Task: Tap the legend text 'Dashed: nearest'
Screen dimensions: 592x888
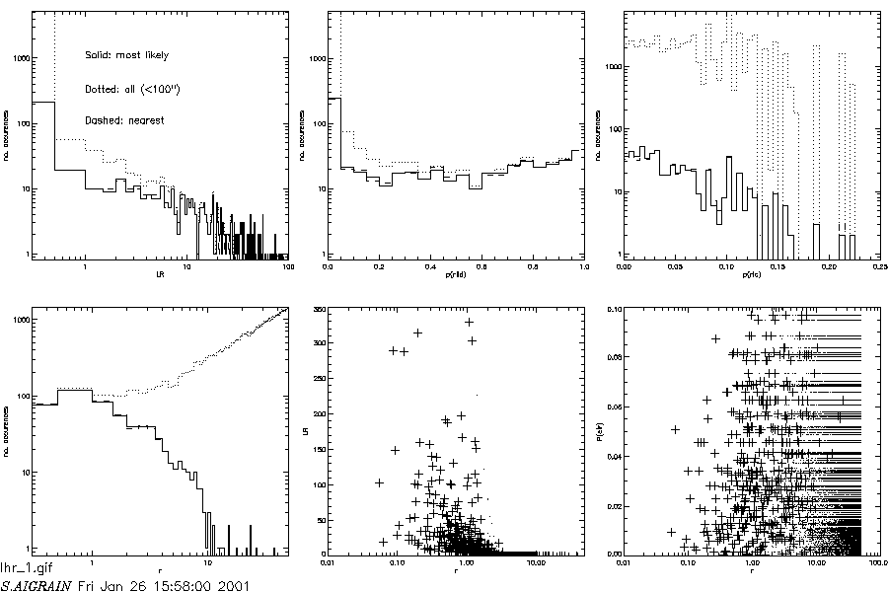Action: [124, 119]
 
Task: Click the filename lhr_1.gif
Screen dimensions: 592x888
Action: [23, 569]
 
